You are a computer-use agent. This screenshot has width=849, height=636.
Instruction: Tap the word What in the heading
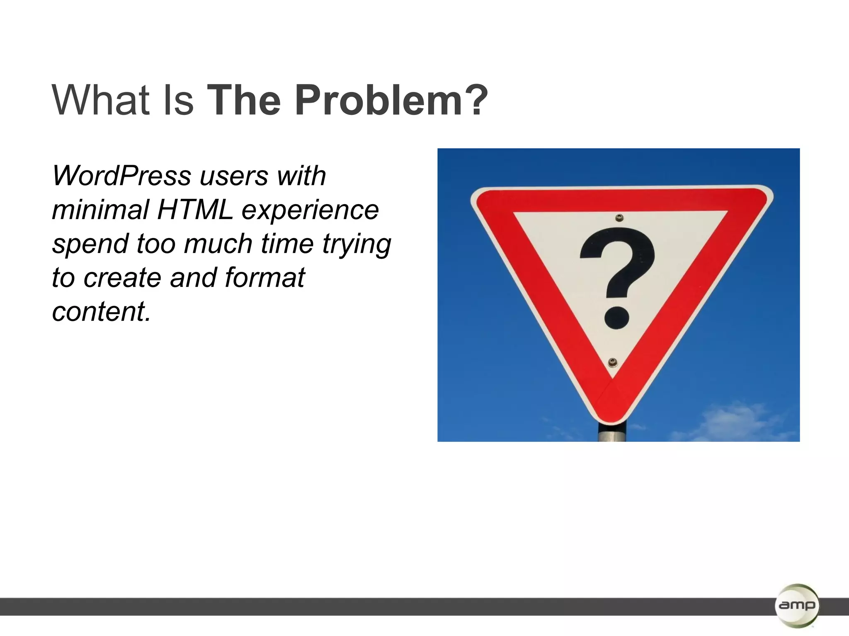click(100, 100)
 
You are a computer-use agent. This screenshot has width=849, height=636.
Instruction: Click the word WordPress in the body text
click(121, 176)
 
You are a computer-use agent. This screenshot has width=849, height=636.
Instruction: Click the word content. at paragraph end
click(101, 311)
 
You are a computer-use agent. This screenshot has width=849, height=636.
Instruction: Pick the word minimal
click(100, 210)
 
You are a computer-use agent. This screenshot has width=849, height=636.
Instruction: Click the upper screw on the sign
click(619, 218)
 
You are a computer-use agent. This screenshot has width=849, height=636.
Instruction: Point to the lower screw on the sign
click(613, 363)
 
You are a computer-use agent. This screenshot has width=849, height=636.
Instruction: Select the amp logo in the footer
click(796, 605)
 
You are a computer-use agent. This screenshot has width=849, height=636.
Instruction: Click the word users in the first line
click(234, 176)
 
